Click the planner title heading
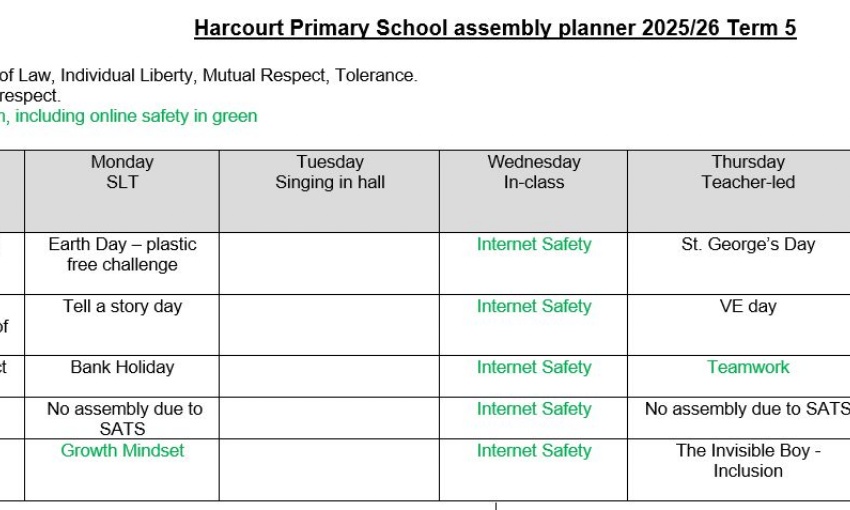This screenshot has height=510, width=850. click(x=495, y=28)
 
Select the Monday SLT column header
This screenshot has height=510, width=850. click(x=122, y=172)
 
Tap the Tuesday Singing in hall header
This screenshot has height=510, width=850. click(x=330, y=172)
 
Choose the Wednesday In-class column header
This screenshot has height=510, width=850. click(x=533, y=172)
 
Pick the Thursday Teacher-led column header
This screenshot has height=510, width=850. click(x=747, y=172)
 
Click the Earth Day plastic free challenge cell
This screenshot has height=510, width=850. click(x=122, y=254)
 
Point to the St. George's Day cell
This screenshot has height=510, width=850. click(x=748, y=244)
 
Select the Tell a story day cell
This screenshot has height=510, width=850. click(x=122, y=306)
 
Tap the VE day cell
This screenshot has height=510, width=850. click(x=748, y=306)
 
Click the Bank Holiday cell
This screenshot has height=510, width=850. click(x=122, y=367)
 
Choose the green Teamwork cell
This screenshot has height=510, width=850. click(x=748, y=367)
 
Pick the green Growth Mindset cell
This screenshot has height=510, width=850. click(x=122, y=450)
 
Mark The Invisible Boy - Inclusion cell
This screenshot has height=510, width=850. click(x=748, y=460)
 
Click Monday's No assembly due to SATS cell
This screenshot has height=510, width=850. click(x=122, y=418)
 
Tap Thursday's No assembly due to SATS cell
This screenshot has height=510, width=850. click(x=746, y=408)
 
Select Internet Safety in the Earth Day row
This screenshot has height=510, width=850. click(x=534, y=244)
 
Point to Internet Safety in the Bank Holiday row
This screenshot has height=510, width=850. click(x=534, y=367)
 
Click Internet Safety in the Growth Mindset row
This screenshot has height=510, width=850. click(x=534, y=450)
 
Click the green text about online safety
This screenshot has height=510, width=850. click(x=130, y=116)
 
